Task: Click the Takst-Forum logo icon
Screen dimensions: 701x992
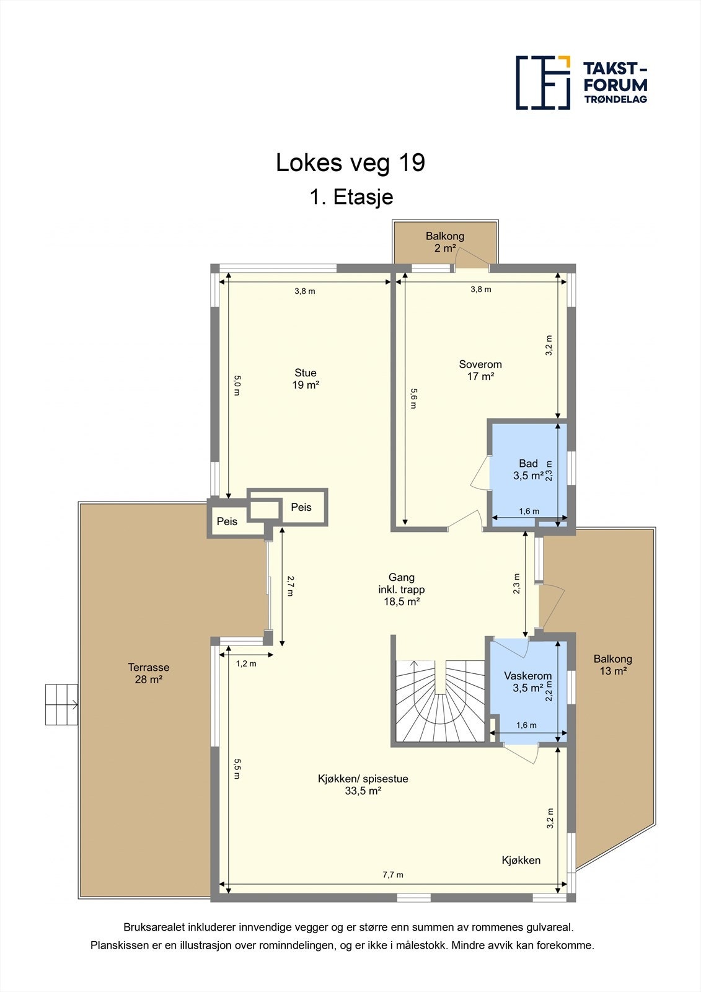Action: point(543,82)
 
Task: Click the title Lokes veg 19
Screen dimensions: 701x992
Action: point(350,162)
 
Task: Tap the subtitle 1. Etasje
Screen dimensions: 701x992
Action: point(351,197)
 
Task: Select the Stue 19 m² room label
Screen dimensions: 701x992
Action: point(306,379)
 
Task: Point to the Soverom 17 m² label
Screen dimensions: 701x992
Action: point(480,370)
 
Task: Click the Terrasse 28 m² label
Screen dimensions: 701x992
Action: point(149,673)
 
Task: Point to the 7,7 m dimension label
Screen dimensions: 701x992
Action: point(393,875)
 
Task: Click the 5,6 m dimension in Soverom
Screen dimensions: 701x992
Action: point(413,399)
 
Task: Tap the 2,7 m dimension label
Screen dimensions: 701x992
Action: point(290,586)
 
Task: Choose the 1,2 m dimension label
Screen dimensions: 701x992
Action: point(246,664)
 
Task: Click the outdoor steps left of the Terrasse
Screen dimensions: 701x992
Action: point(61,704)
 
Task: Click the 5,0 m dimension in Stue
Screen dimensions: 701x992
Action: point(237,385)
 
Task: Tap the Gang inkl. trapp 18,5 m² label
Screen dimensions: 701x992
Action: point(402,590)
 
